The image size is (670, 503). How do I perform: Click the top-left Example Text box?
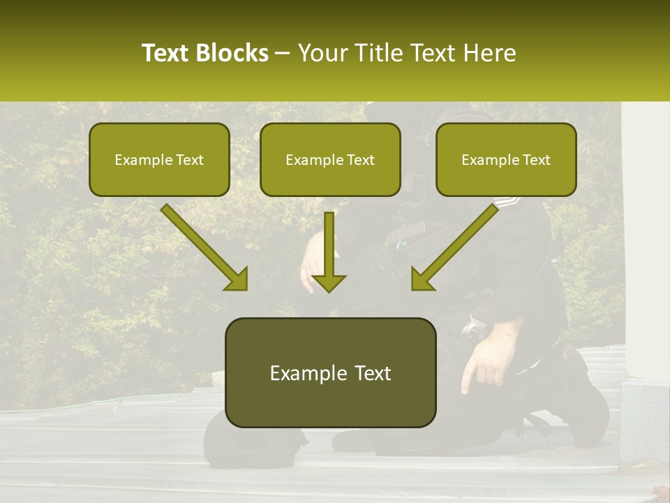159,160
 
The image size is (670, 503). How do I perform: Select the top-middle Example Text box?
330,160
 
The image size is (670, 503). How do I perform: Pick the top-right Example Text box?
506,160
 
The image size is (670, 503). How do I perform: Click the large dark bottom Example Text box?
330,372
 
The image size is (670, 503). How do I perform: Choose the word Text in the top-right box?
537,160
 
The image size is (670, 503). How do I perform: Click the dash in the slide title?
283,54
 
